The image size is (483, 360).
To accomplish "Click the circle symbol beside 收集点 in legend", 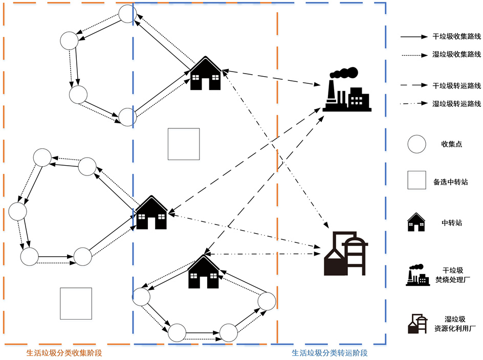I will tap(417, 144).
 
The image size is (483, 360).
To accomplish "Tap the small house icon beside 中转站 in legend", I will tap(416, 222).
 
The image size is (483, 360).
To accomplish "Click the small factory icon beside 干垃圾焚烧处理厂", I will tap(418, 275).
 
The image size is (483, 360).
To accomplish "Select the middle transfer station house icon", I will tap(151, 212).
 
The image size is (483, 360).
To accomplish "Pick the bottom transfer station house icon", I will tap(204, 272).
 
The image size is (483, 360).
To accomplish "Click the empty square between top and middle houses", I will tap(184, 144).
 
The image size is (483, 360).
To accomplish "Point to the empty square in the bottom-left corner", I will tap(76, 303).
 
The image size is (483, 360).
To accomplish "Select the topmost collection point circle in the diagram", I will tap(127, 14).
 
